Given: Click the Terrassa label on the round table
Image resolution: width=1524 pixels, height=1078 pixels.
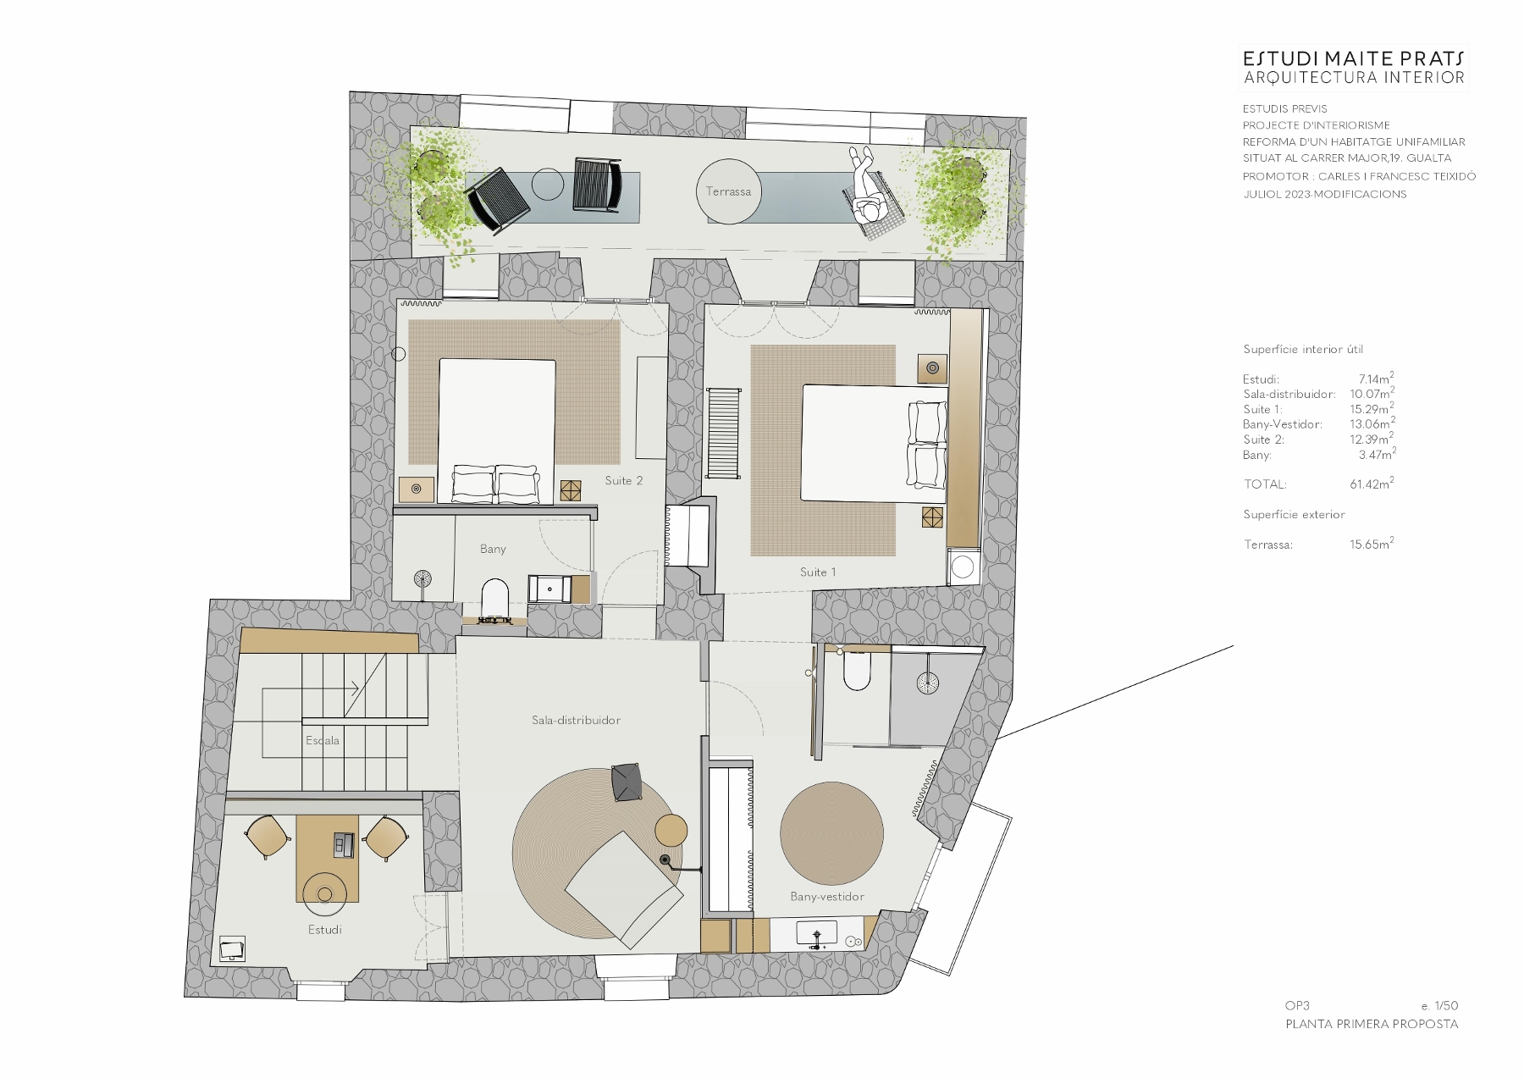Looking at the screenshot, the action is [728, 191].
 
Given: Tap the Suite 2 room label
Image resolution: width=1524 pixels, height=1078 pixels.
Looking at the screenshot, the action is [624, 480].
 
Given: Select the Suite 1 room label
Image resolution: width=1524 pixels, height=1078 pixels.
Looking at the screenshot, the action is [818, 572].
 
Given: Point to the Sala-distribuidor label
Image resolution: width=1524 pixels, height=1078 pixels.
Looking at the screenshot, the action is [576, 720].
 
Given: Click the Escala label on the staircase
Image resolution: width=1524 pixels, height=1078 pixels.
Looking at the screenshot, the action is [323, 740].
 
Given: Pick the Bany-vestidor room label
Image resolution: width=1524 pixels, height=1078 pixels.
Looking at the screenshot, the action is [827, 896].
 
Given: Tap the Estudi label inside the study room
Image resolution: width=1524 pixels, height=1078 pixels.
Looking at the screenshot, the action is [325, 929].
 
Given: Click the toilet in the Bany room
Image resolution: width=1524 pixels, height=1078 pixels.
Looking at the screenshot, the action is [494, 597].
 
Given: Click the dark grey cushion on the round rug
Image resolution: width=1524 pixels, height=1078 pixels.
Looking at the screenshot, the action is [627, 781].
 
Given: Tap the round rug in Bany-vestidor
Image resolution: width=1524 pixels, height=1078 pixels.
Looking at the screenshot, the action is [831, 833].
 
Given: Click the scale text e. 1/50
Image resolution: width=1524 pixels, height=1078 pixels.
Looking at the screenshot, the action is [1439, 1006].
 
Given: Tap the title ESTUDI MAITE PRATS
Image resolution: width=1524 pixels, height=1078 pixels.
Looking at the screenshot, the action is [1353, 58].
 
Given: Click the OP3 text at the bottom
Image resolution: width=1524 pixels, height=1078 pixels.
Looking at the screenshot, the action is [1297, 1006].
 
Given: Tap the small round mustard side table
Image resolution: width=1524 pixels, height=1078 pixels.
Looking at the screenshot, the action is [672, 829].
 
